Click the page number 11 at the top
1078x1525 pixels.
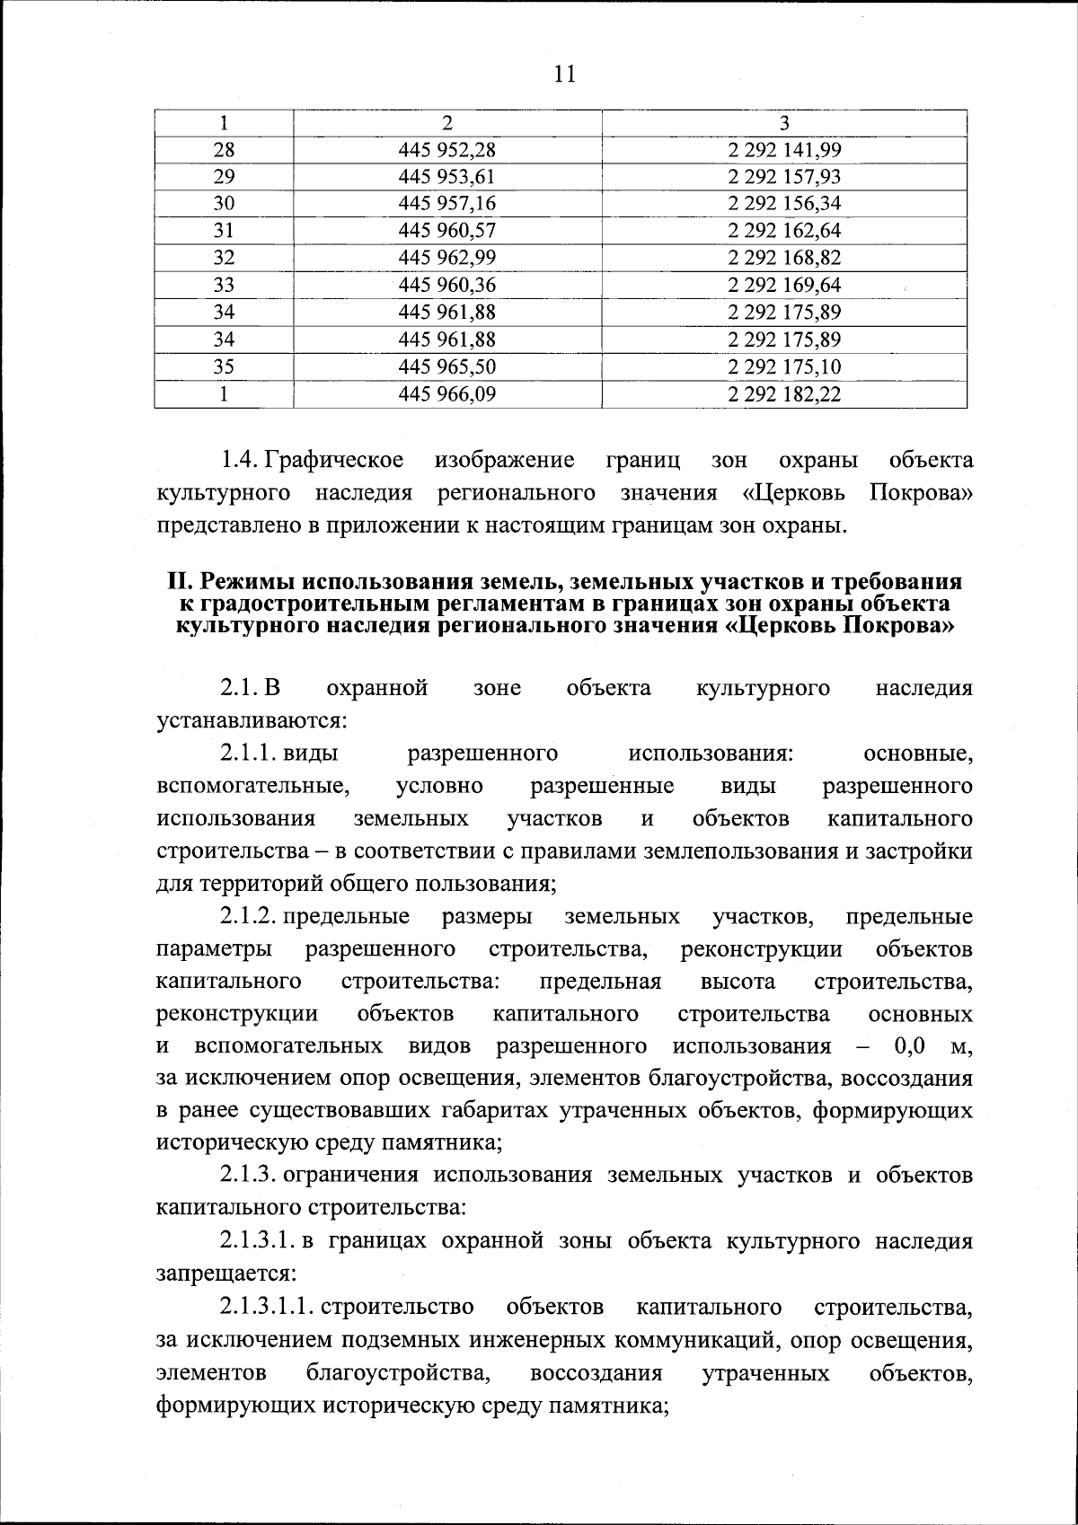pyautogui.click(x=564, y=74)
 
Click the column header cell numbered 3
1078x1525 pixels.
pyautogui.click(x=783, y=123)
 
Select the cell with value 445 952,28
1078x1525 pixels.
pyautogui.click(x=447, y=150)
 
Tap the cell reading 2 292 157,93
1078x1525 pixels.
pyautogui.click(x=783, y=177)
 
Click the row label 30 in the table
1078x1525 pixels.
pyautogui.click(x=224, y=204)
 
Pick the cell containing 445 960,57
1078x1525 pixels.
pyautogui.click(x=447, y=231)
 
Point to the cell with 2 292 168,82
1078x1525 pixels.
pyautogui.click(x=783, y=258)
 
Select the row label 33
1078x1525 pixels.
pyautogui.click(x=224, y=286)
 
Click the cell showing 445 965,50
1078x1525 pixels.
pyautogui.click(x=447, y=366)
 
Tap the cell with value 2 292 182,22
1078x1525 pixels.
pyautogui.click(x=783, y=393)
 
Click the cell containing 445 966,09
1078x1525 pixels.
pyautogui.click(x=447, y=393)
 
